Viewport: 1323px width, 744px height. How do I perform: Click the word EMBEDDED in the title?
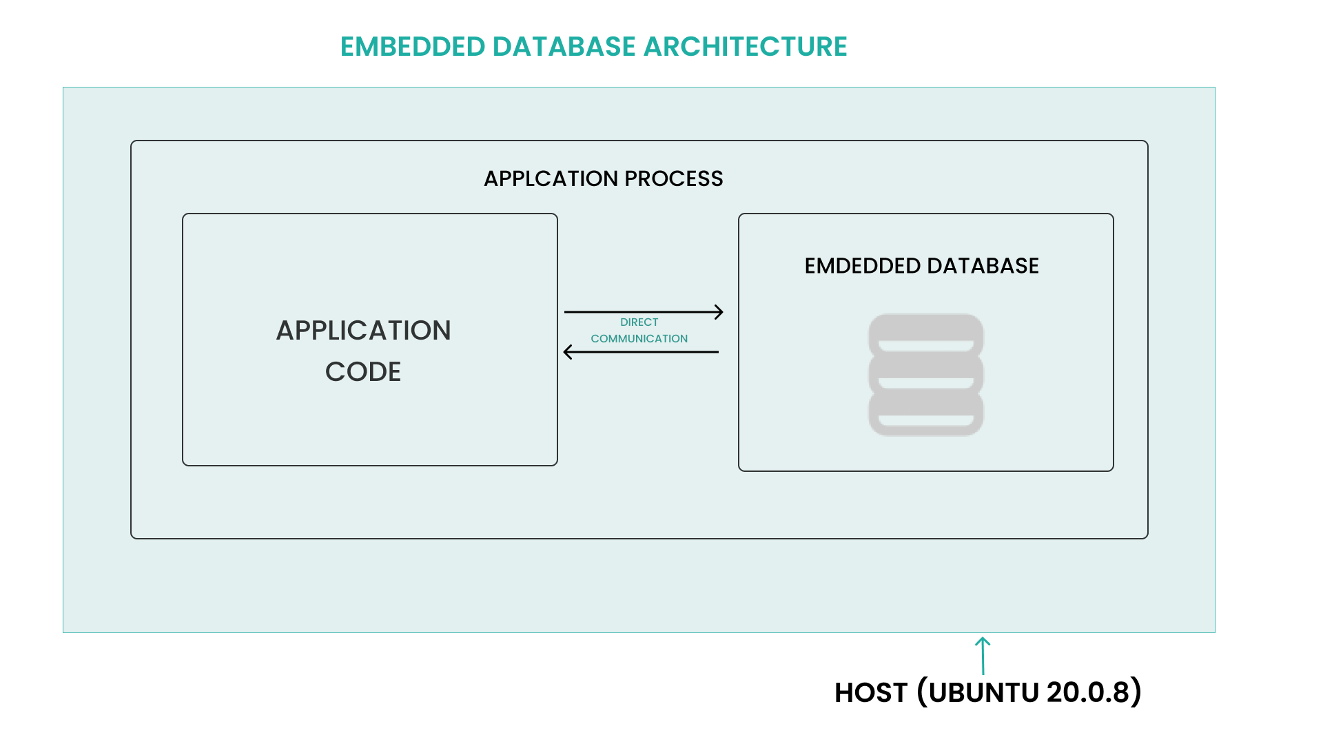[413, 47]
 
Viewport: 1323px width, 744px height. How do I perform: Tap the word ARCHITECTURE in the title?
[745, 47]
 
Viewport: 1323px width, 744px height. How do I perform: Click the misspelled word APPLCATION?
[551, 178]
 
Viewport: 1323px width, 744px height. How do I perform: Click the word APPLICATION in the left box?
[363, 331]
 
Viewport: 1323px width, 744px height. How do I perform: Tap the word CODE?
[363, 372]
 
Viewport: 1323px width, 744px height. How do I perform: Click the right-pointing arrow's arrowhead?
[719, 312]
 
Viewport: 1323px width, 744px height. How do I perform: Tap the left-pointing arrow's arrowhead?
[568, 352]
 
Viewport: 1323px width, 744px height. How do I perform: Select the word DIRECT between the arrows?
[639, 322]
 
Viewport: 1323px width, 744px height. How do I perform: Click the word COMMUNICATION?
[639, 339]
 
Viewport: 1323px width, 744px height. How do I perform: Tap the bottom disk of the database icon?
[925, 413]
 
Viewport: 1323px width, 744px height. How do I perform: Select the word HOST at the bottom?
[870, 693]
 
